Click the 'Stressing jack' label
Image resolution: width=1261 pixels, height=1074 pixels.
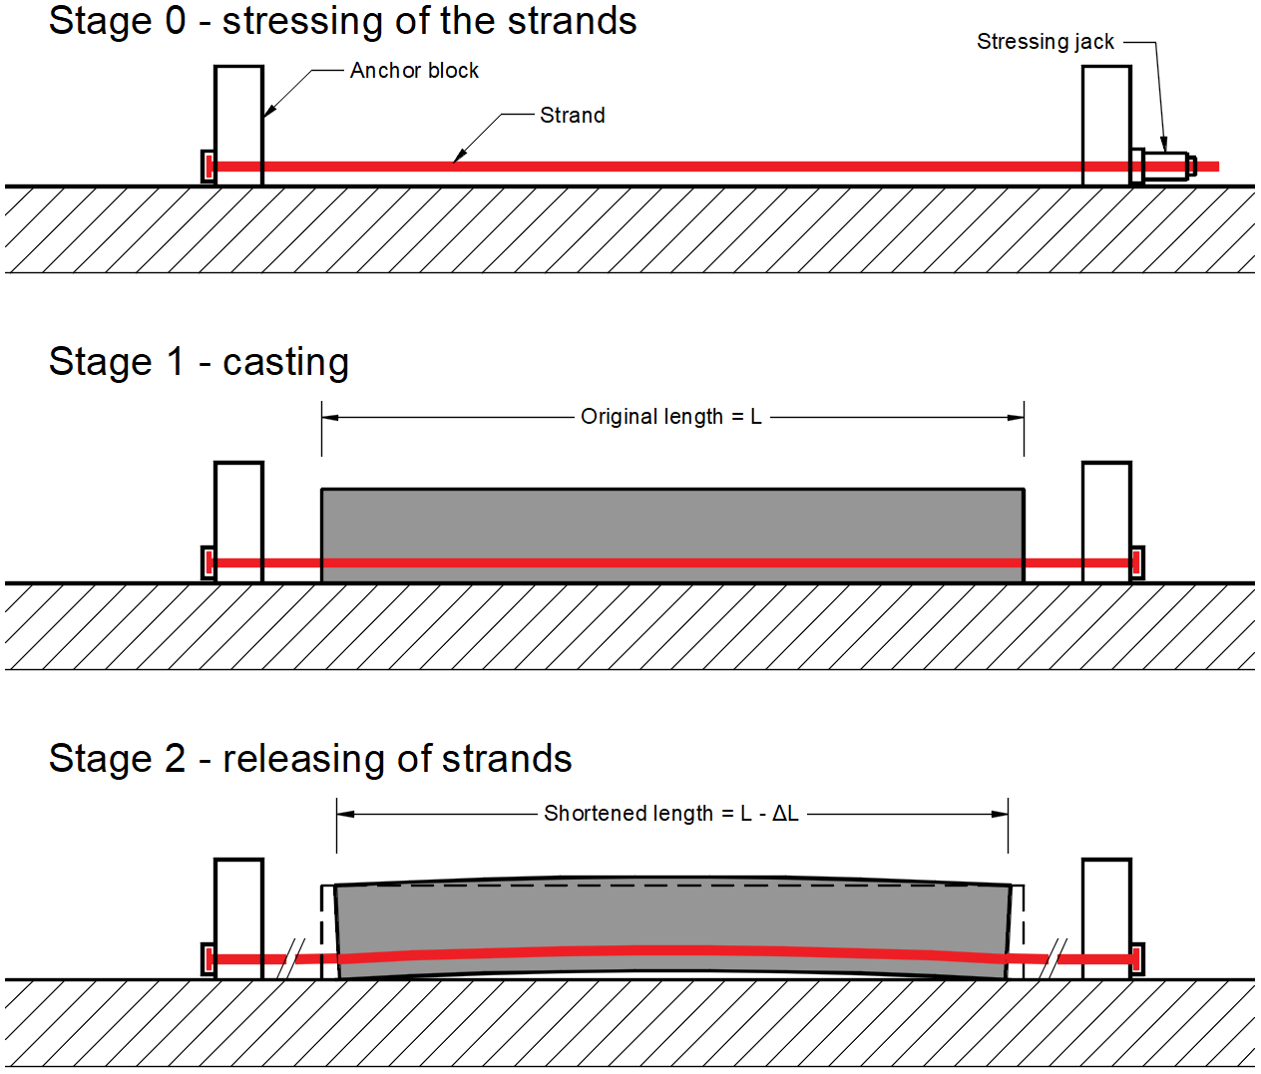[1045, 42]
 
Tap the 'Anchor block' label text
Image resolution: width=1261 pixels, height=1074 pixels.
[414, 71]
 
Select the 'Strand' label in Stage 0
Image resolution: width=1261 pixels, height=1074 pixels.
[572, 116]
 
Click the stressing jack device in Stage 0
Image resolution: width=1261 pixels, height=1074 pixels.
[1166, 166]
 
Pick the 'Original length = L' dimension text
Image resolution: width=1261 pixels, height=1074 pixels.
[670, 417]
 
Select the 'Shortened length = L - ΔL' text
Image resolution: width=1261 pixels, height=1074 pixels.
[670, 814]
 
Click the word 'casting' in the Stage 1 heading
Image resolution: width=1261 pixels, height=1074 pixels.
[285, 362]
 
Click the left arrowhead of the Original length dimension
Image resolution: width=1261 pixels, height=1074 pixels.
[330, 417]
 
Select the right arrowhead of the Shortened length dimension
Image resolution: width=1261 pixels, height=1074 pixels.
[1000, 814]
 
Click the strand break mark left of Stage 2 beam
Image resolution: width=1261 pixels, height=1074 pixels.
[291, 958]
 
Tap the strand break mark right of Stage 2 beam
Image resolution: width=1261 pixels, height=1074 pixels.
[1053, 958]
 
